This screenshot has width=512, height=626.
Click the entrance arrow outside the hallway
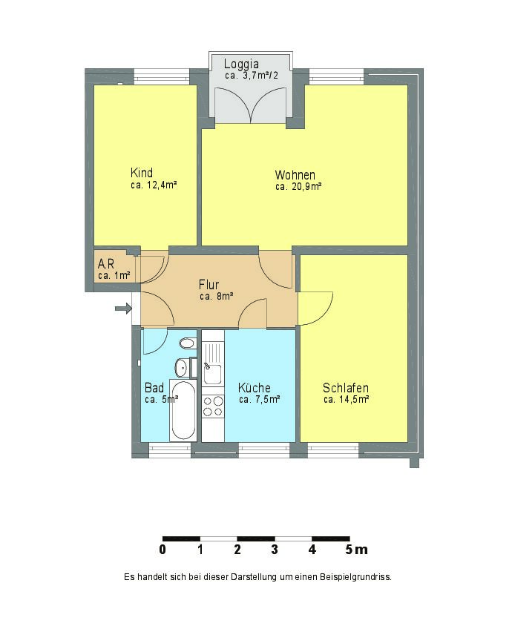123,309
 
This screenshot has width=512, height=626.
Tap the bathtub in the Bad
183,410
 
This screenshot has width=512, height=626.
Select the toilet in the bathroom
188,343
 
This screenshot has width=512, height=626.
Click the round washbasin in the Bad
182,367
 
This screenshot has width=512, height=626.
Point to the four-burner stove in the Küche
213,406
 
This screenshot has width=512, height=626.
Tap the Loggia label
241,64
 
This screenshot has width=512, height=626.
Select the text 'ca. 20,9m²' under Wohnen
299,186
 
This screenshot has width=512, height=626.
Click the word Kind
142,173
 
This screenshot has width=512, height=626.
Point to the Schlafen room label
346,388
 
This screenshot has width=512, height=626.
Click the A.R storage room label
106,263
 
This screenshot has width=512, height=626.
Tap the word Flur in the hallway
209,285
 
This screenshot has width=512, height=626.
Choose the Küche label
255,387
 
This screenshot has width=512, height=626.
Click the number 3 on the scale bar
275,550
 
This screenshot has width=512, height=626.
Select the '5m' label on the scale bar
357,550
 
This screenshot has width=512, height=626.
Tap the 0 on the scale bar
163,550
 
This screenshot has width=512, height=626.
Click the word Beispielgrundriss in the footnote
355,577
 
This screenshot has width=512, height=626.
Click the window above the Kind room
161,76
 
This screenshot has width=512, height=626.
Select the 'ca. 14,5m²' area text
347,399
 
